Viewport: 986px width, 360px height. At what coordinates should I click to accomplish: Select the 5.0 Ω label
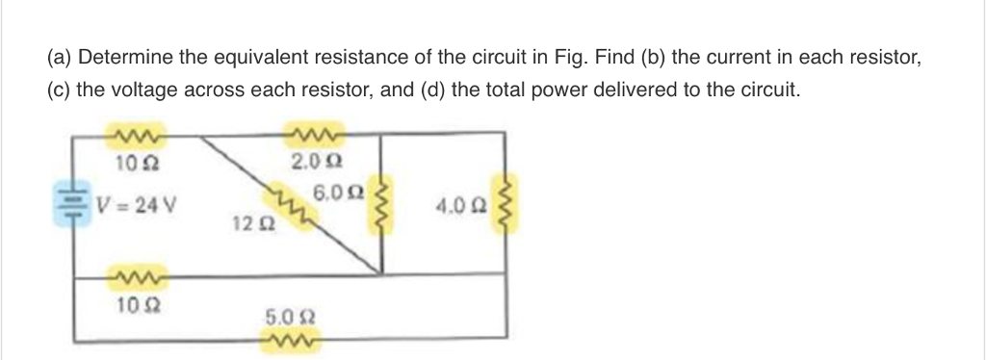click(286, 316)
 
